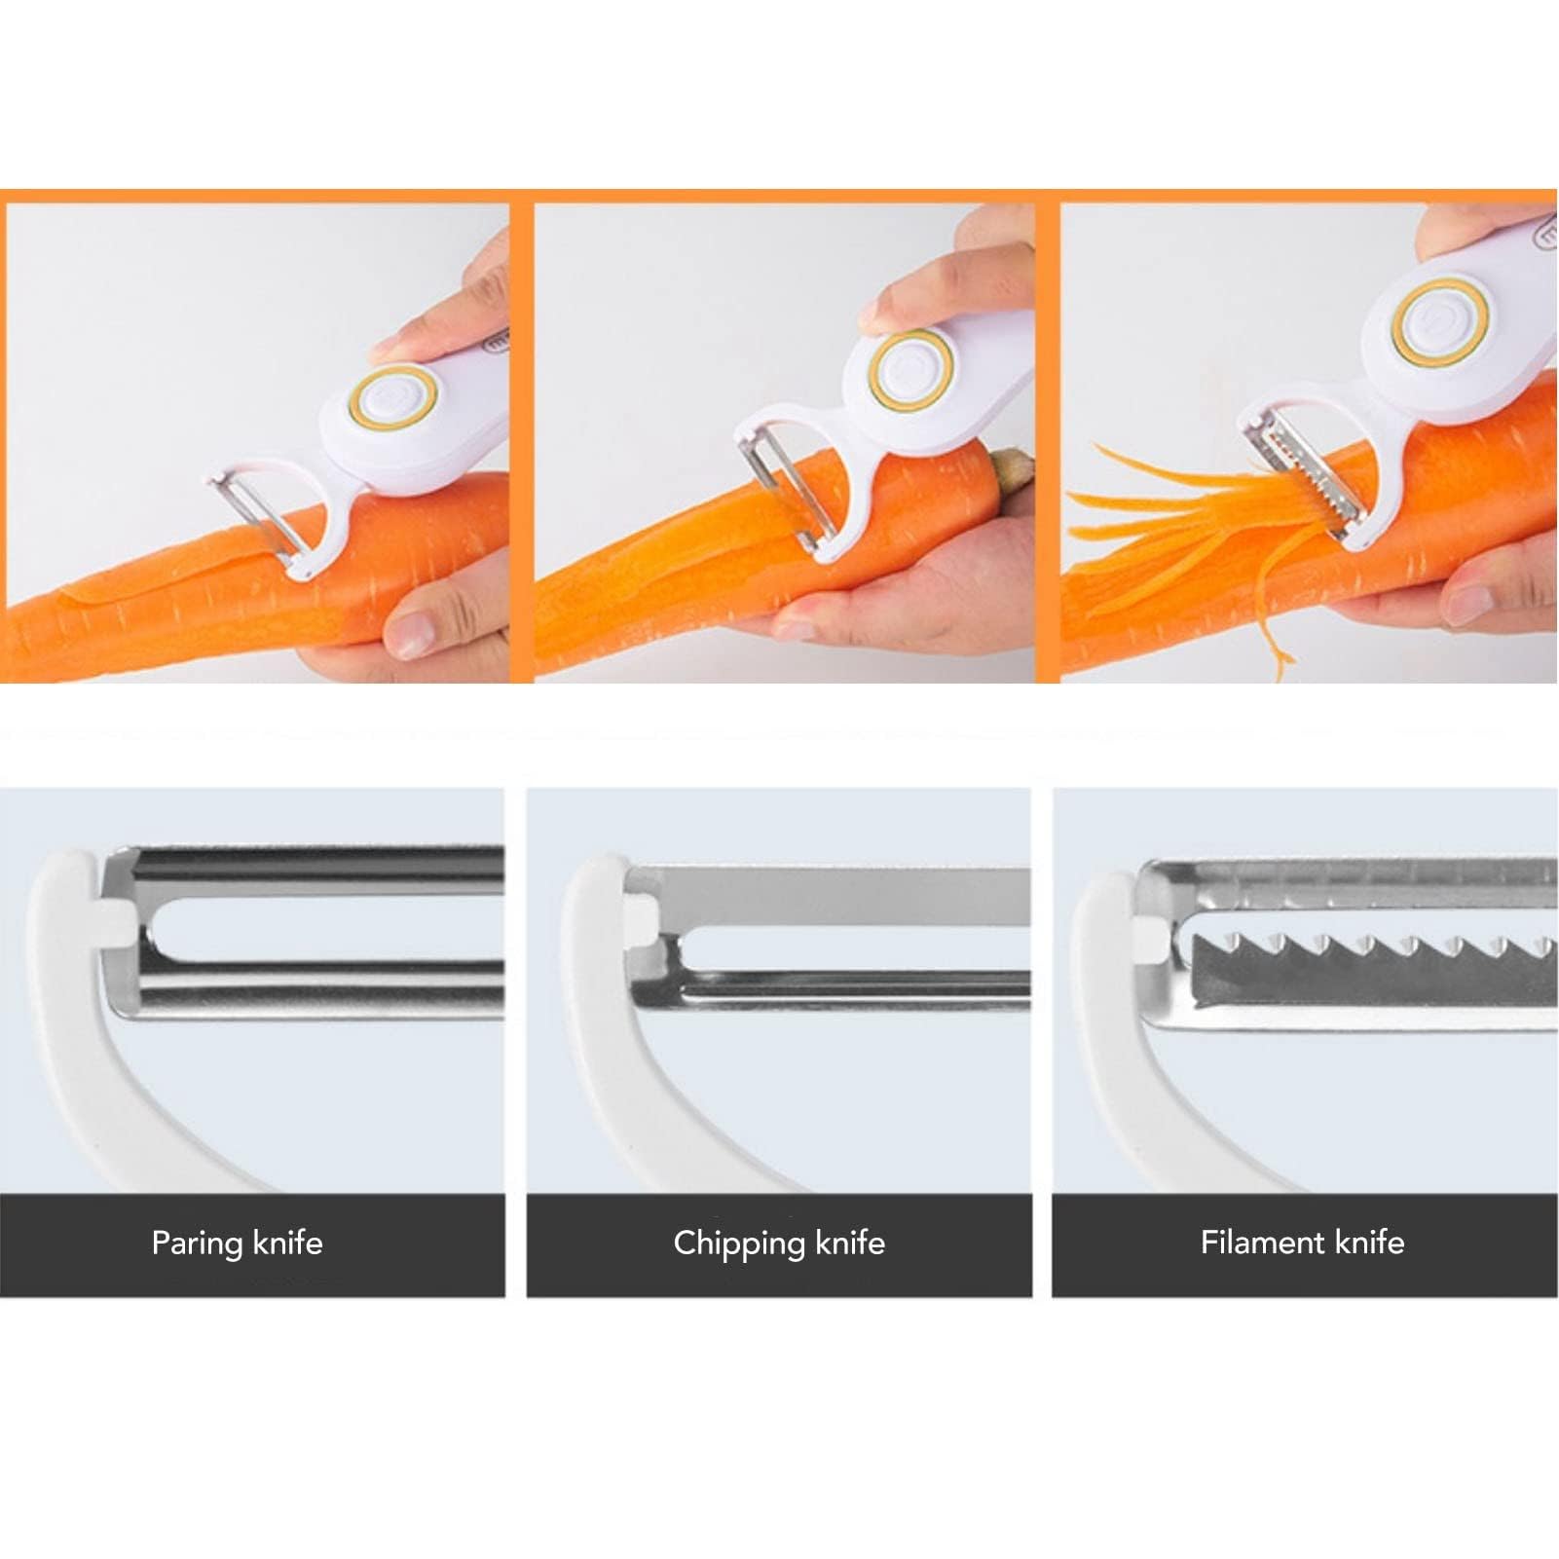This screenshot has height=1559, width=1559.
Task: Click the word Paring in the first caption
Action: [x=197, y=1243]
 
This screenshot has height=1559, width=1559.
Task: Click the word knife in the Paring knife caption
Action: [x=287, y=1243]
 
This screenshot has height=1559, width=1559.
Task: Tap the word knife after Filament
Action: [x=1369, y=1243]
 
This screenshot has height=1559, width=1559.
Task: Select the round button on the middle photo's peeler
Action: [x=911, y=370]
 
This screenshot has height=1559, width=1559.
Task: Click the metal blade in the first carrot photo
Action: [x=258, y=517]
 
